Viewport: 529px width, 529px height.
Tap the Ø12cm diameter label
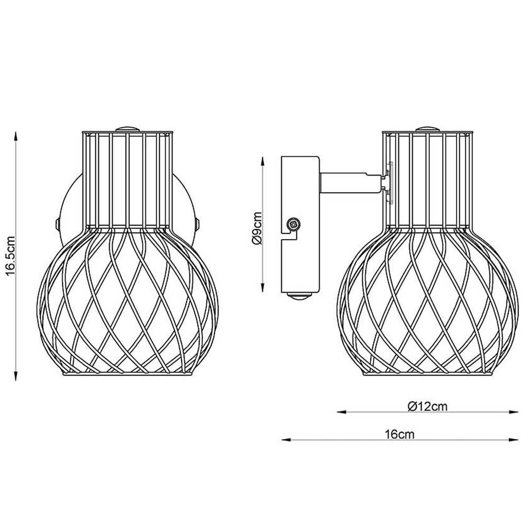tap(428, 407)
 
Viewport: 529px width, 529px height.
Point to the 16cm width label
tap(399, 435)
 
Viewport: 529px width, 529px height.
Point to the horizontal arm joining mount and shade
tap(349, 183)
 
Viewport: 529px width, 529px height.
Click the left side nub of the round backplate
tap(57, 224)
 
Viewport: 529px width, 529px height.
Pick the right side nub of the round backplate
tap(197, 224)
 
